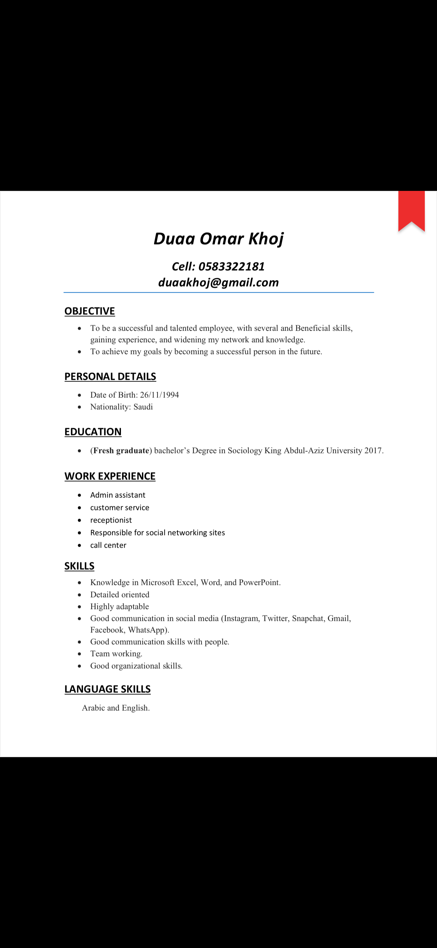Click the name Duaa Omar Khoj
tap(218, 239)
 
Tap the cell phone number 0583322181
tap(231, 266)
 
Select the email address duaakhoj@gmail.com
tap(218, 283)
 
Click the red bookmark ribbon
tap(411, 210)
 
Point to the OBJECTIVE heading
tap(90, 311)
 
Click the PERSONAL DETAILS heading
tap(110, 377)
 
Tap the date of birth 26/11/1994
tap(159, 395)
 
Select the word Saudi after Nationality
tap(143, 407)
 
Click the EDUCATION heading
tap(93, 432)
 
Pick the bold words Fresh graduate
tap(121, 451)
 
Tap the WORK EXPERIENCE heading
tap(110, 477)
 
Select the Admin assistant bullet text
tap(118, 495)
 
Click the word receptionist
tap(111, 520)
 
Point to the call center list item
tap(108, 546)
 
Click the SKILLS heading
tap(80, 566)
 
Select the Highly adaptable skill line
tap(120, 607)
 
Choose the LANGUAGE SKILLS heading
tap(107, 689)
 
